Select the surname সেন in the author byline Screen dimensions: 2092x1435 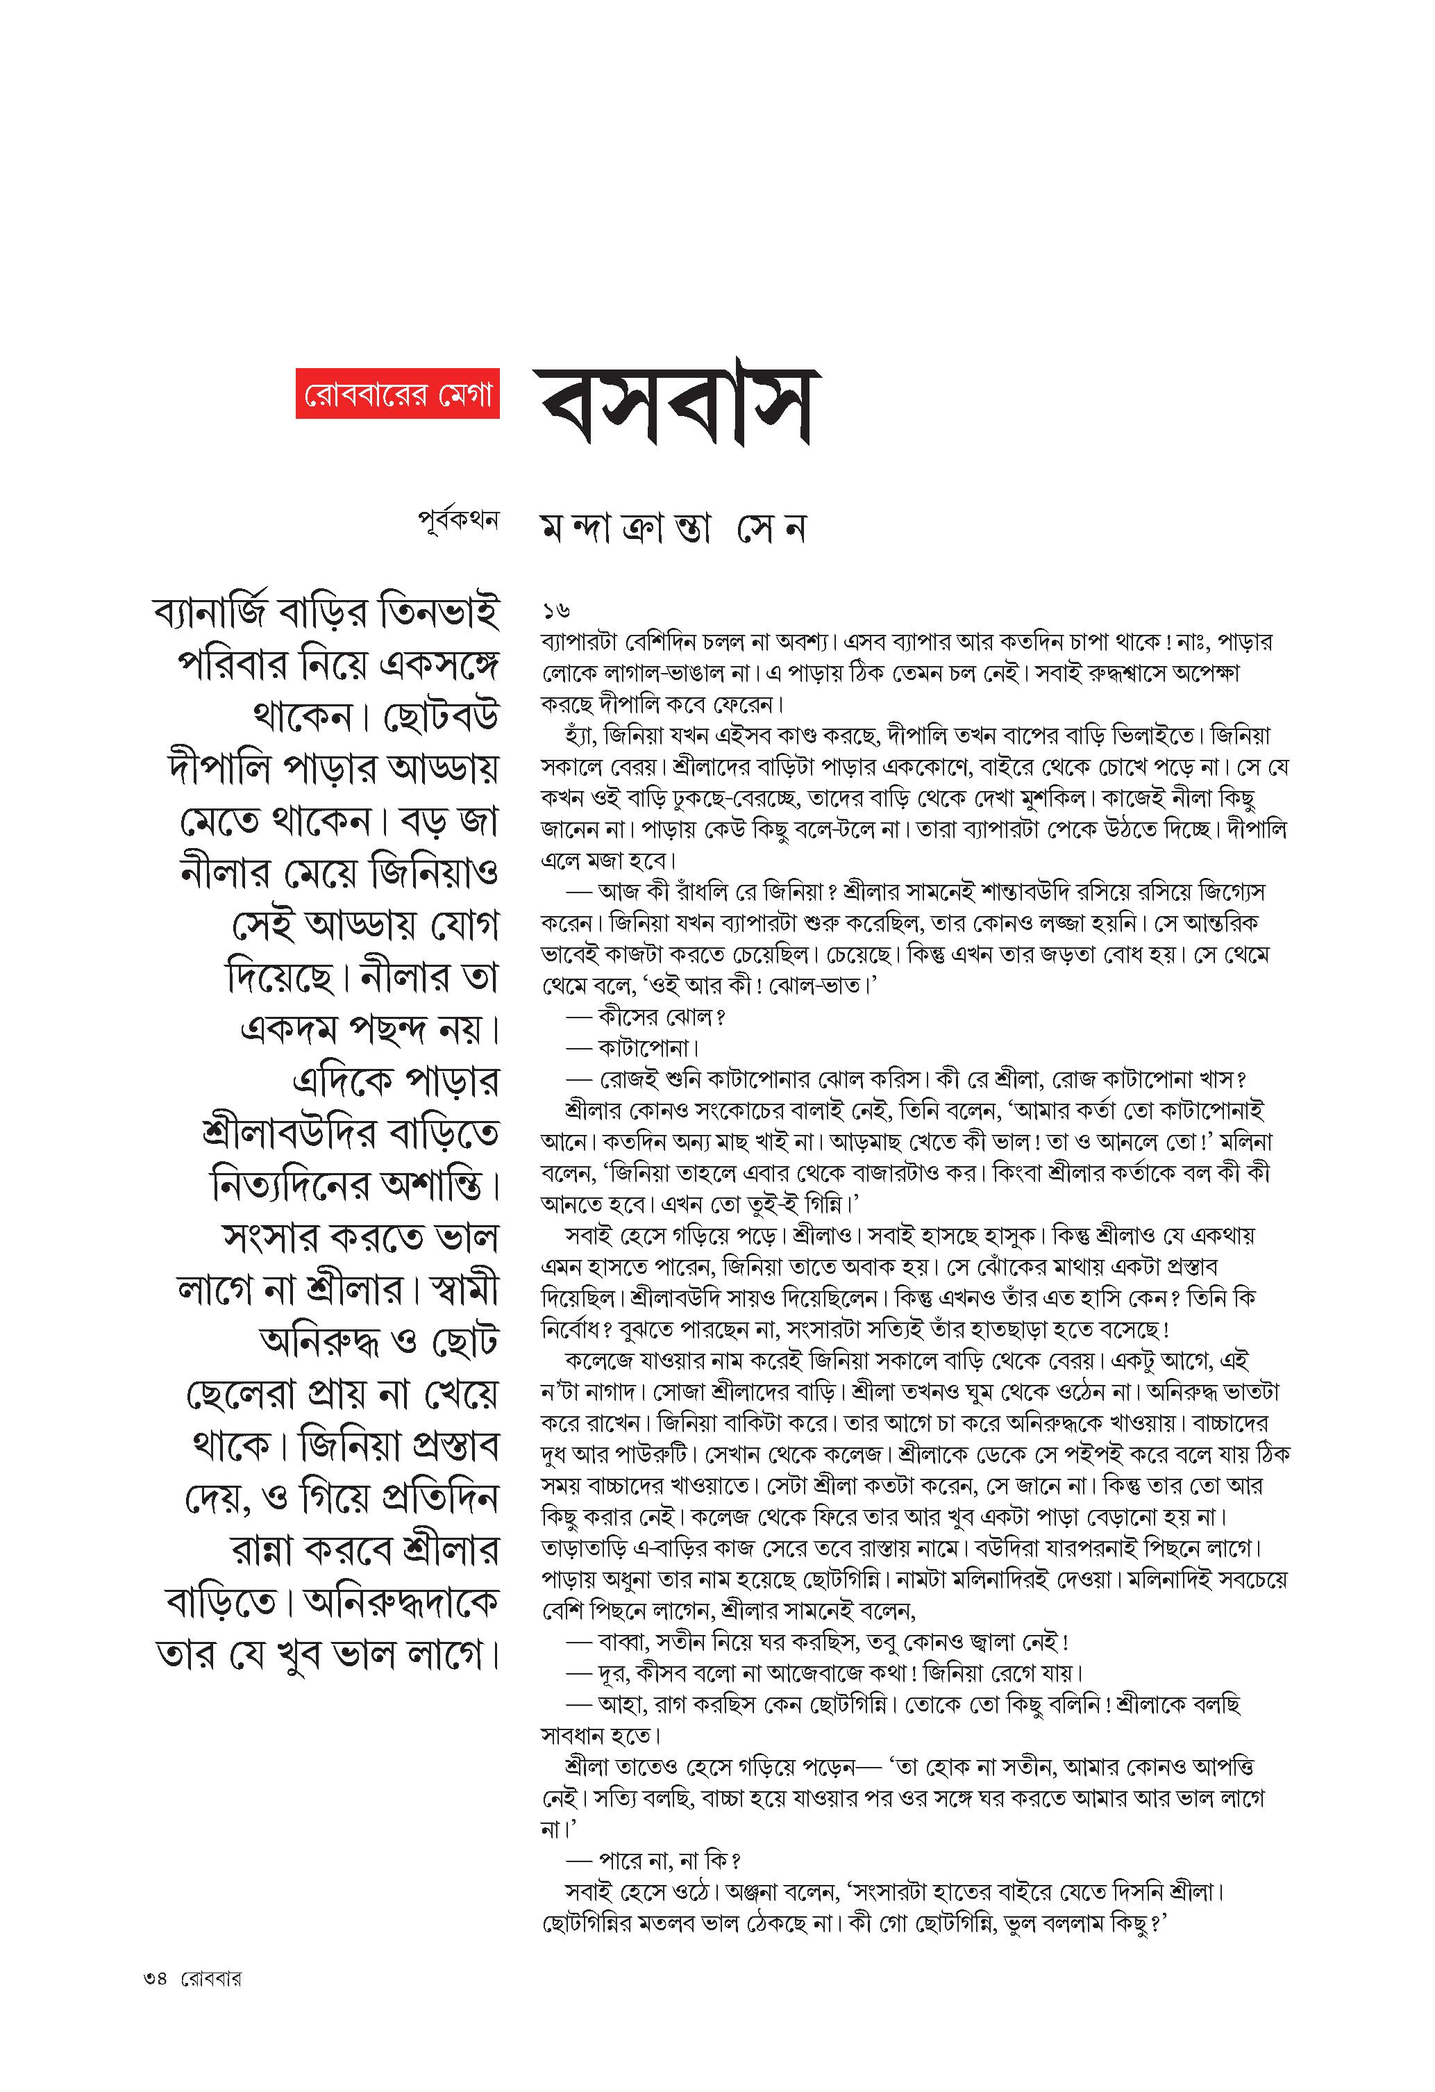pyautogui.click(x=771, y=529)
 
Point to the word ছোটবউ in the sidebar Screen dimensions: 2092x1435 pyautogui.click(x=441, y=717)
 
